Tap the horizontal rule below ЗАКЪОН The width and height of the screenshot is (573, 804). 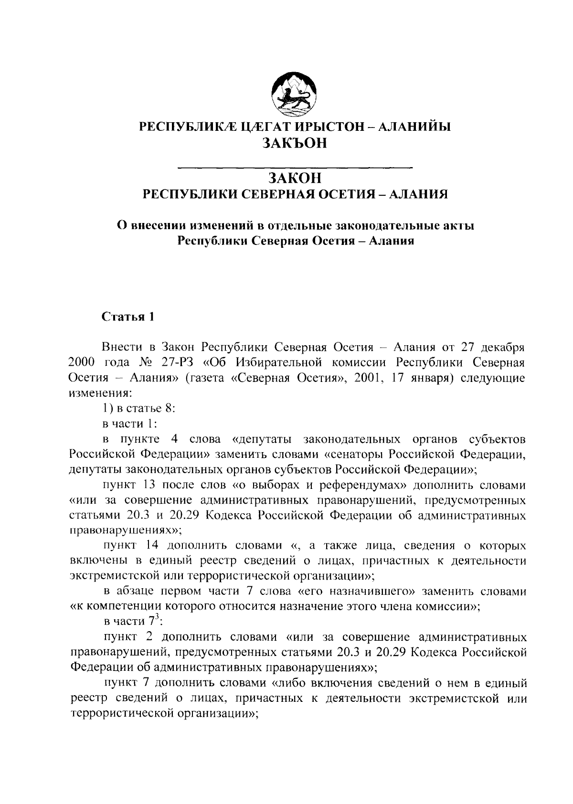coord(294,168)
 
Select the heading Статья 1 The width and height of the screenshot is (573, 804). coord(128,317)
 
